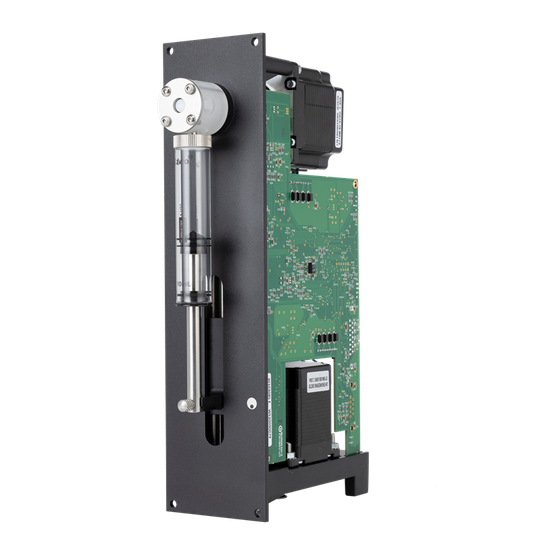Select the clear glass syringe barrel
coord(192,215)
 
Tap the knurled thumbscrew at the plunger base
coord(187,405)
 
